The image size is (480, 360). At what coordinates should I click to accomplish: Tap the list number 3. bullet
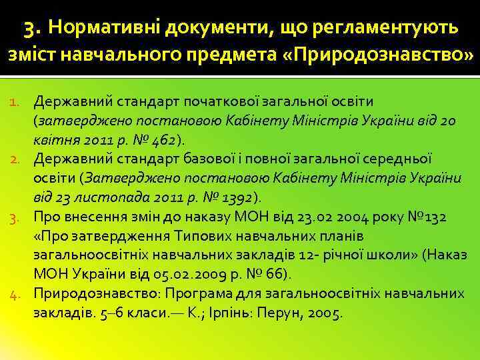pos(19,217)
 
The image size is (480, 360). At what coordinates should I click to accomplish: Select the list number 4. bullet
pos(19,294)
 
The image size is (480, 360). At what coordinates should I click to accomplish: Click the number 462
pos(163,140)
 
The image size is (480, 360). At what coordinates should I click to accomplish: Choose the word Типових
pos(203,236)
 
